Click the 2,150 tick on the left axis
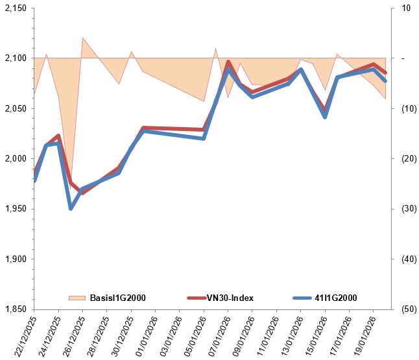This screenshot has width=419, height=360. click(15, 8)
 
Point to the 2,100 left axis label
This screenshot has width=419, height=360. click(15, 58)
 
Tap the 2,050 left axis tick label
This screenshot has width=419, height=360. click(15, 108)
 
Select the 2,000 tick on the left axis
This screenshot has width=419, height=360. click(15, 159)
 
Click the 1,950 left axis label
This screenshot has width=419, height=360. click(15, 209)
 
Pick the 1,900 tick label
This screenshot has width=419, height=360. click(15, 259)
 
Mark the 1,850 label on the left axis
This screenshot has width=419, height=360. click(15, 309)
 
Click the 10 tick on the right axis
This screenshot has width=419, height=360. click(406, 8)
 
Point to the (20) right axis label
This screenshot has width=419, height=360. click(406, 159)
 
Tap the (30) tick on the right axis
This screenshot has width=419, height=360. click(406, 209)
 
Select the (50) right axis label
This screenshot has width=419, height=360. click(406, 309)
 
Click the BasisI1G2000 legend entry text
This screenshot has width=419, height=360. click(117, 298)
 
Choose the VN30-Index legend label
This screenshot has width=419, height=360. click(230, 298)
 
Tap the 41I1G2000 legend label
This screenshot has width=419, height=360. click(336, 298)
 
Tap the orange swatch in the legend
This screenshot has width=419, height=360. click(77, 298)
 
